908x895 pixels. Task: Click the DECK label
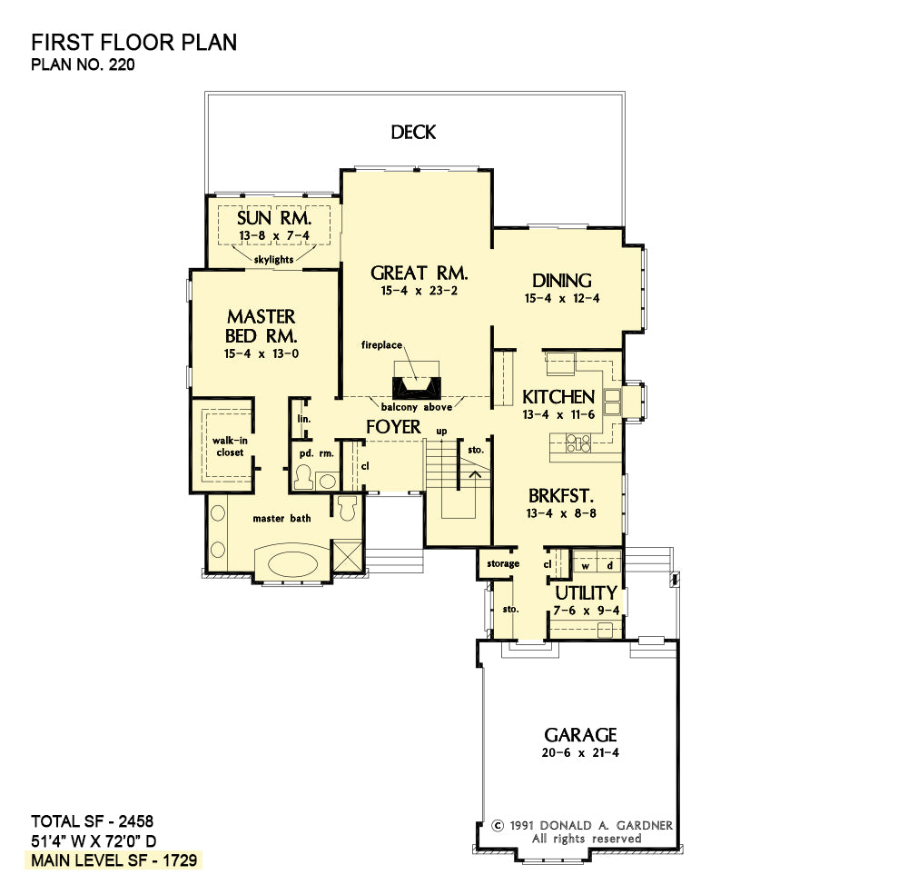point(413,132)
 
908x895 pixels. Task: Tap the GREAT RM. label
point(419,273)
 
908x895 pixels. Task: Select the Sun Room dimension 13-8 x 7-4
point(274,236)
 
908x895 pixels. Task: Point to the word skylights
point(273,260)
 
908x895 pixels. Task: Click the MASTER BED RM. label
point(262,326)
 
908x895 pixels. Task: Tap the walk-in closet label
point(230,446)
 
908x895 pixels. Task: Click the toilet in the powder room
point(303,477)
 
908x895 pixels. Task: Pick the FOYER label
point(393,427)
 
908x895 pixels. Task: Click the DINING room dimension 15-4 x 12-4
point(562,299)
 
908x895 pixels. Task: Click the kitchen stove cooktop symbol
point(577,443)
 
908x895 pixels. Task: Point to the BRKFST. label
point(561,496)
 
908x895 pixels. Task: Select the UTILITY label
point(586,593)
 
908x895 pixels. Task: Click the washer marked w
point(586,566)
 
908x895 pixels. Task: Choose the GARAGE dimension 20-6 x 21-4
point(580,753)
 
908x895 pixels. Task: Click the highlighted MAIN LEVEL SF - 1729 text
point(114,860)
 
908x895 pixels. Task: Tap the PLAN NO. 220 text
point(83,65)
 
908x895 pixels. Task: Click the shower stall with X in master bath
point(347,556)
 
